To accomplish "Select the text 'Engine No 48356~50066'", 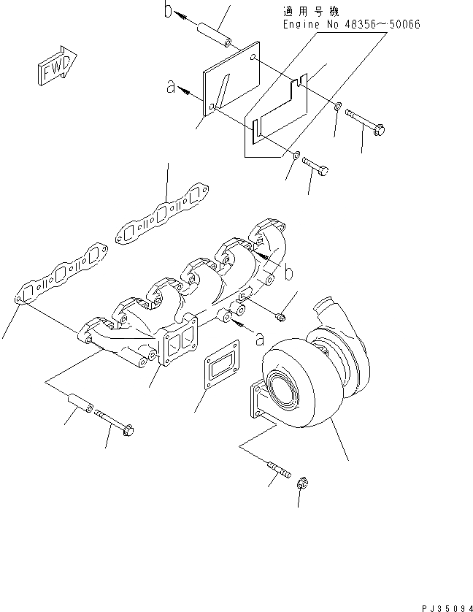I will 351,25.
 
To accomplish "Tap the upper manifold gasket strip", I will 163,215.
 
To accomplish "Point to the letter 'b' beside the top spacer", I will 167,12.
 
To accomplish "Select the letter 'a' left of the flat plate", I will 172,88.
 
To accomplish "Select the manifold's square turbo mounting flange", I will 177,347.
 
